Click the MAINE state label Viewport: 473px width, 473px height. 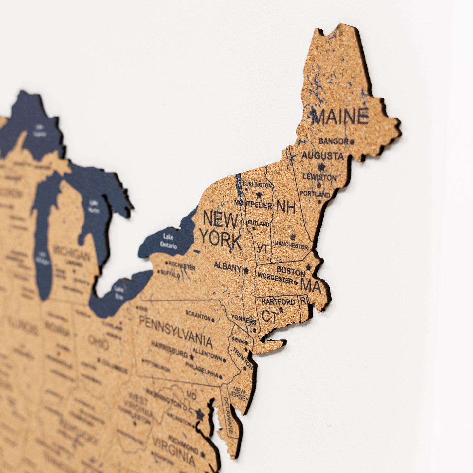340,117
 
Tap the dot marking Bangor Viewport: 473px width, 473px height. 352,142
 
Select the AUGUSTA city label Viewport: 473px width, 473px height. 322,156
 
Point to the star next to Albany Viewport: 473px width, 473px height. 246,270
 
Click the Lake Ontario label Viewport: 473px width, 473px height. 169,241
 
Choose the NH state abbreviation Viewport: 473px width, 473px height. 286,207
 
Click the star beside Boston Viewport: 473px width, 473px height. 308,268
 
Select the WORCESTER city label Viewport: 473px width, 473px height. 275,278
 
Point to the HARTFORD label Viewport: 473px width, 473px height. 278,301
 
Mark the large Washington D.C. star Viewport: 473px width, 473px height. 200,415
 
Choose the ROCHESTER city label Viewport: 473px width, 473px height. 182,265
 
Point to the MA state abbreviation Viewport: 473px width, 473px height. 311,286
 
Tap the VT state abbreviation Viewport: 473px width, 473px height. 263,248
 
